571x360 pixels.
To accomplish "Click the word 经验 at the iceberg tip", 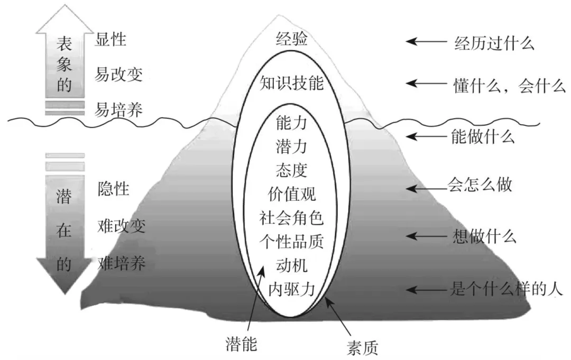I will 291,39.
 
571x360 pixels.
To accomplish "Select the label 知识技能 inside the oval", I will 291,84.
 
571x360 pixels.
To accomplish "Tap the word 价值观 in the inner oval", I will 291,194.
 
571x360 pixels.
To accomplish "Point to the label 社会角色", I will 291,218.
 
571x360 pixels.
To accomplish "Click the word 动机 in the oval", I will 291,265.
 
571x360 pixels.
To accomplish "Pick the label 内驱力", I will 291,289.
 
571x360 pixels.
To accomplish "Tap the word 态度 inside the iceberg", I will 291,170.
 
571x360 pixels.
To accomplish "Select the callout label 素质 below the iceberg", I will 362,348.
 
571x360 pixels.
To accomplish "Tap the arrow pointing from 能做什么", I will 427,137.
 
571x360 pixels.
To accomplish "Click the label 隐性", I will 114,189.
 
